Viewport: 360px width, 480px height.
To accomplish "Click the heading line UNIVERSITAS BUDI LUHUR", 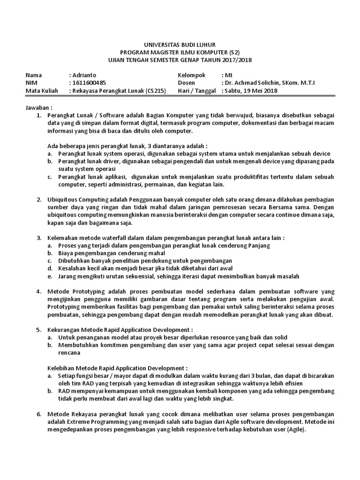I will (180, 45).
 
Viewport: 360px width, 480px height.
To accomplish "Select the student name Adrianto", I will (85, 75).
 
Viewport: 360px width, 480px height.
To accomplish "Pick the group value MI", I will (229, 75).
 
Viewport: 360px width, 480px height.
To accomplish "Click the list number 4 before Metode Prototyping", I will (38, 292).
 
